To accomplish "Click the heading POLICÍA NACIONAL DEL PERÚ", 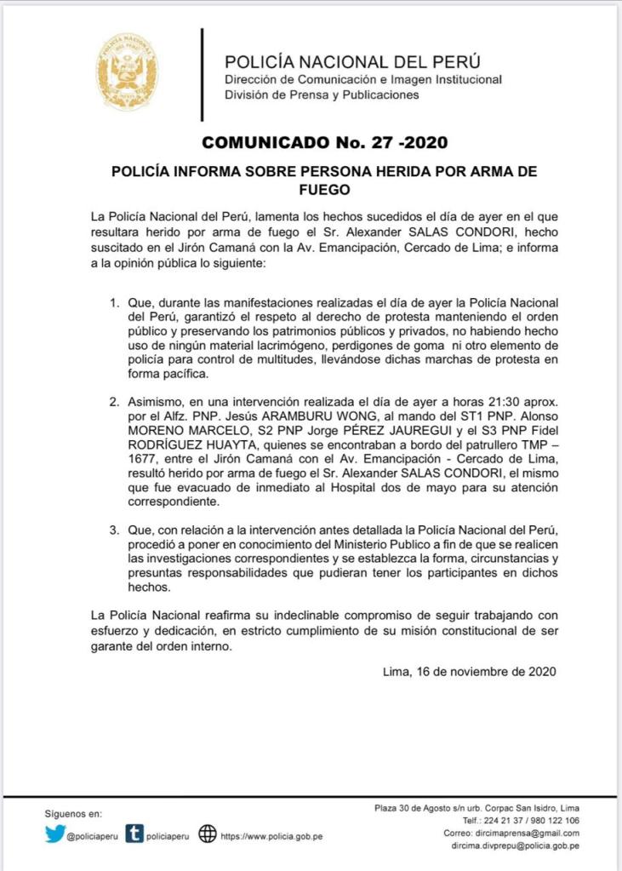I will click(352, 62).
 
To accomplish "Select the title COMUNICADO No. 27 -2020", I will click(325, 141).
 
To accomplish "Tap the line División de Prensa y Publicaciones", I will click(322, 95).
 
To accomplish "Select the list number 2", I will click(115, 399).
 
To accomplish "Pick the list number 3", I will click(115, 530).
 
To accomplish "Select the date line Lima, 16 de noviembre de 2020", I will click(471, 671).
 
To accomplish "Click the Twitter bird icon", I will click(54, 834).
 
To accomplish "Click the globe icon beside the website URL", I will click(207, 834).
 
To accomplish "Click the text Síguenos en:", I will click(73, 814).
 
